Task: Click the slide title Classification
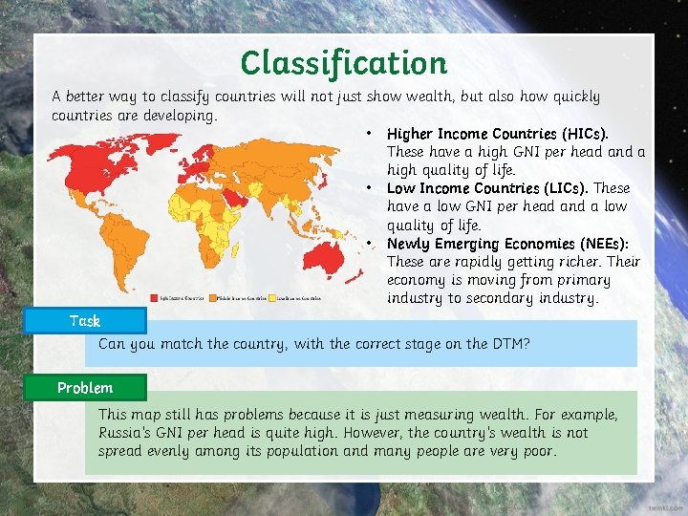(x=343, y=63)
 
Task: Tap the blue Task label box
(x=85, y=321)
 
